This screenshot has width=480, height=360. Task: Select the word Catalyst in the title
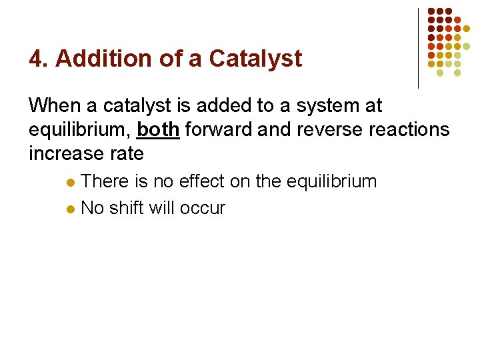(x=255, y=59)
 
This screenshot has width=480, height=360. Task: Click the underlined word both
(x=158, y=129)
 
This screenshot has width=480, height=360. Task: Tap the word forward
(x=219, y=129)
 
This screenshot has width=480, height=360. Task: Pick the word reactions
(x=410, y=129)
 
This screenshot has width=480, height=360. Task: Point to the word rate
(x=125, y=153)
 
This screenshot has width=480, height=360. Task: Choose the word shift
(x=127, y=208)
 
